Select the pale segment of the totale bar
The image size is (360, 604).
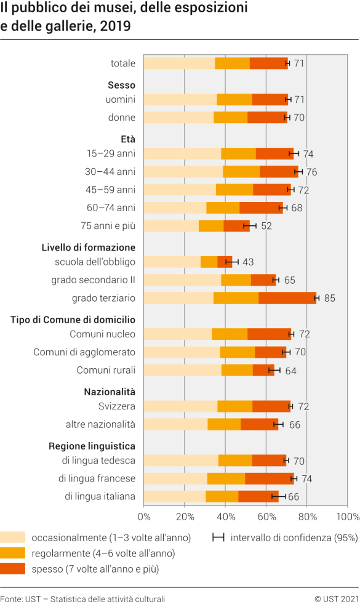pyautogui.click(x=179, y=63)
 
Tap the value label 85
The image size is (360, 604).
pyautogui.click(x=329, y=299)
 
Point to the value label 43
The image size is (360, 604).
pyautogui.click(x=248, y=262)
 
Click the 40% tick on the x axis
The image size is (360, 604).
pyautogui.click(x=225, y=516)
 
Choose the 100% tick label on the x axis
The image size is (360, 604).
pyautogui.click(x=348, y=516)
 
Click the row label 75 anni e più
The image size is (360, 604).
pyautogui.click(x=108, y=226)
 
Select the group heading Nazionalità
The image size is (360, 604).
pyautogui.click(x=110, y=392)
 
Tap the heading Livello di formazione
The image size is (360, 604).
pyautogui.click(x=89, y=248)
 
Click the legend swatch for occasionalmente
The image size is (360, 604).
pyautogui.click(x=13, y=537)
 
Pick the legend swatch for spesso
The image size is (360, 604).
pyautogui.click(x=13, y=569)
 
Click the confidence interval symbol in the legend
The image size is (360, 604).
pyautogui.click(x=218, y=537)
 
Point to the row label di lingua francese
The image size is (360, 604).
pyautogui.click(x=97, y=478)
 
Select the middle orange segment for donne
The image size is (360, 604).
pyautogui.click(x=231, y=118)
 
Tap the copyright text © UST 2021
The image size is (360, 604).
pyautogui.click(x=336, y=598)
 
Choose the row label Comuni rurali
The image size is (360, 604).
pyautogui.click(x=106, y=370)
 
